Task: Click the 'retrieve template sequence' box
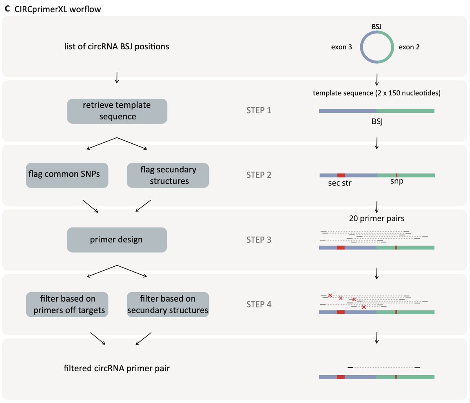(117, 111)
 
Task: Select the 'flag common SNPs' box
(67, 175)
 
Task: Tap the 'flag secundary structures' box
(168, 175)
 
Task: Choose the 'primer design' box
(117, 240)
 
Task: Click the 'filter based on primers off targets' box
(67, 304)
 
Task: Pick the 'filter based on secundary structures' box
(168, 304)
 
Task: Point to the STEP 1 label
(258, 110)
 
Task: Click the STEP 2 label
(258, 175)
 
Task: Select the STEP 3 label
(258, 240)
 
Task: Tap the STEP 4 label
(258, 304)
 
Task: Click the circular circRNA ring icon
(376, 47)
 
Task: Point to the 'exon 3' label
(342, 47)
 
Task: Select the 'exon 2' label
(409, 47)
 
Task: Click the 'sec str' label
(340, 183)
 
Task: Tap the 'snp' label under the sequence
(396, 181)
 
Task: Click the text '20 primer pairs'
(376, 218)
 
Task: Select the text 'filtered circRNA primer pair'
(117, 368)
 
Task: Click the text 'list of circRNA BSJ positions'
(117, 46)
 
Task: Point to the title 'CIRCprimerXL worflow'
(58, 9)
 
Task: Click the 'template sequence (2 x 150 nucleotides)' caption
(376, 93)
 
